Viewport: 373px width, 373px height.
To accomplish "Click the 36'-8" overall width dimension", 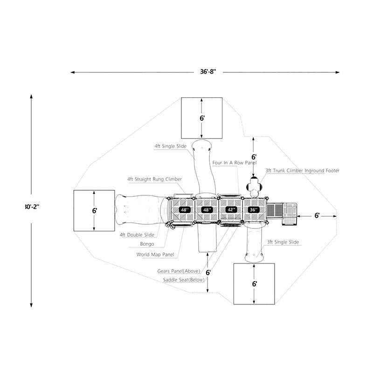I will (x=205, y=72).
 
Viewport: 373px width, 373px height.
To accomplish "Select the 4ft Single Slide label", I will (x=171, y=146).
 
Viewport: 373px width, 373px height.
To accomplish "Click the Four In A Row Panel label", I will (x=234, y=163).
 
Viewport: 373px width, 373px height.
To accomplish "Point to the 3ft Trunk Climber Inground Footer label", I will (x=303, y=171).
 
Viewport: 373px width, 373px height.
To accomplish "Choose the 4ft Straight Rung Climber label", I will (x=154, y=179).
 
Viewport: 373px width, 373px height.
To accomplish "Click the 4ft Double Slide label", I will (x=137, y=235).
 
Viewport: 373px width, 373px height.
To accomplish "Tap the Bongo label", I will (x=147, y=244).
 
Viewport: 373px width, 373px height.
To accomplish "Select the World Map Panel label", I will (x=155, y=255).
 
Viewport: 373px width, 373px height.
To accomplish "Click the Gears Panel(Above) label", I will (x=179, y=271).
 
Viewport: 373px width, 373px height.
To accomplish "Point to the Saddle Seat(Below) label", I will (x=183, y=280).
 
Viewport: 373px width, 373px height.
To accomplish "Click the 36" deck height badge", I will (x=254, y=210).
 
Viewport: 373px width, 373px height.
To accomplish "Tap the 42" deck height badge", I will (x=231, y=210).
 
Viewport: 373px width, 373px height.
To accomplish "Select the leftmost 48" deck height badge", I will (x=185, y=210).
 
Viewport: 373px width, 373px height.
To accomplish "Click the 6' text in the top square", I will (x=202, y=118).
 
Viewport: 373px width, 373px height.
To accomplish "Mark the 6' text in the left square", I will (x=94, y=211).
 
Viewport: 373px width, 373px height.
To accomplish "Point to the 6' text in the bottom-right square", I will (x=254, y=283).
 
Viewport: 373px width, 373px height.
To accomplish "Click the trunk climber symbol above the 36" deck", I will (x=254, y=186).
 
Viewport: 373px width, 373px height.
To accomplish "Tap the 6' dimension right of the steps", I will (x=317, y=215).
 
